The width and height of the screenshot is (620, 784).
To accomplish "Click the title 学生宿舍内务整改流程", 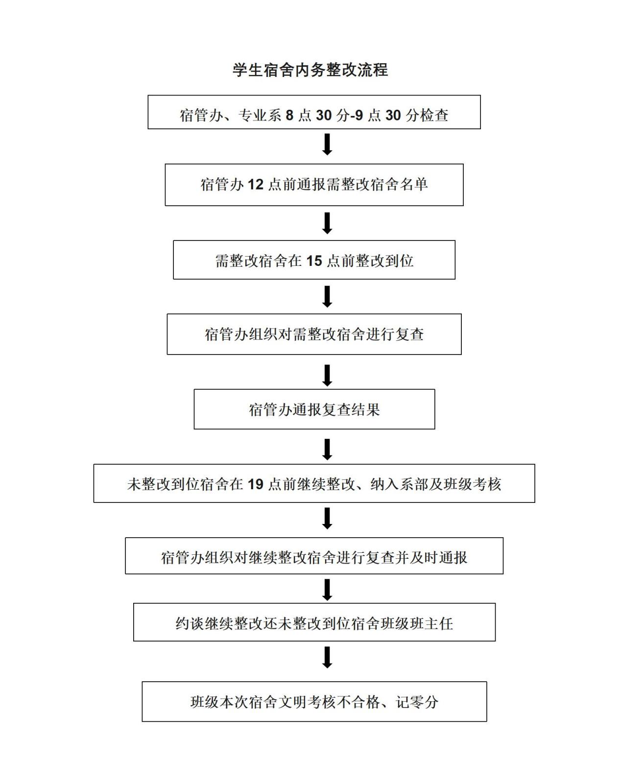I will pos(310,70).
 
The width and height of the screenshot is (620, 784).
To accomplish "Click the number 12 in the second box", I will pos(256,185).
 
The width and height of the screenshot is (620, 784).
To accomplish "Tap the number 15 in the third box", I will pos(314,261).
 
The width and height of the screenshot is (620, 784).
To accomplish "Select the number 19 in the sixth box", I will pos(256,484).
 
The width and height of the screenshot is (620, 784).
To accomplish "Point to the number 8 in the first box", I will pos(289,115).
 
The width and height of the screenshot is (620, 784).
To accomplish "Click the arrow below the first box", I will pos(328,145).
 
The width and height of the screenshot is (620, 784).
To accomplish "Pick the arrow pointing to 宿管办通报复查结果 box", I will pos(328,376).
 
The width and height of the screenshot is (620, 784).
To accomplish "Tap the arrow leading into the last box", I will pos(328,658).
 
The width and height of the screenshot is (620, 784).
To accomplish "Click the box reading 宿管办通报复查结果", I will pos(314,409).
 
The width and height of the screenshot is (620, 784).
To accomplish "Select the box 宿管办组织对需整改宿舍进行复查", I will pos(314,334).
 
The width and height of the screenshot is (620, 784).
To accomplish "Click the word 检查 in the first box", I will pos(434,115).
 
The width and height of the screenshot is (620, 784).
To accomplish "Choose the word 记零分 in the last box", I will pos(417,702).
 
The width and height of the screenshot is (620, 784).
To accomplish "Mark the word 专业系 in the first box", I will pos(260,115).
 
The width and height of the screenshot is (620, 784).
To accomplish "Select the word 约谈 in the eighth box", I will pos(190,623).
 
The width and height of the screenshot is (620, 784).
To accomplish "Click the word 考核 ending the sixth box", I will pos(487,484).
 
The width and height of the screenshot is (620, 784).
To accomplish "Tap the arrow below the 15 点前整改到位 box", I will pos(328,297).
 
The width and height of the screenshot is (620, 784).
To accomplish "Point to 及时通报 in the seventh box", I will pos(438,557).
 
